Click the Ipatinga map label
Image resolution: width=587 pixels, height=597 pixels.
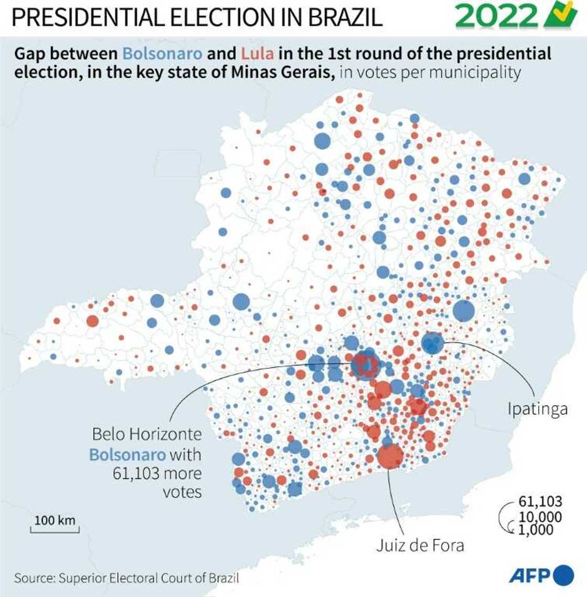pos(537,409)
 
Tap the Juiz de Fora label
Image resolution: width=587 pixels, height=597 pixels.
pos(420,545)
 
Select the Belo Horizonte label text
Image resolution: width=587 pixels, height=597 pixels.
pos(146,434)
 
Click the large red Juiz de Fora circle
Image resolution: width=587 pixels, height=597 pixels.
pos(390,456)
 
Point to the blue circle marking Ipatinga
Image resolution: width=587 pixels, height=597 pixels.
pos(432,344)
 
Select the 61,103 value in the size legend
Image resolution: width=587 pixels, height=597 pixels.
pos(540,501)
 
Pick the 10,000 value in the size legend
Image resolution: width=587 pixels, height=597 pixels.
pos(540,516)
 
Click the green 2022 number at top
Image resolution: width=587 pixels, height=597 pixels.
pos(496,17)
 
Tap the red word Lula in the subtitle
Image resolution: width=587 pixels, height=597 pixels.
pos(257,54)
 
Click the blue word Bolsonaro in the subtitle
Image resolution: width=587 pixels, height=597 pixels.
pos(162,54)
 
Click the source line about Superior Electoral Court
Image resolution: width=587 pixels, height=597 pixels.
pos(126,578)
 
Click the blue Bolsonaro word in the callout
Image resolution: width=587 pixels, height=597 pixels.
pos(127,454)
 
